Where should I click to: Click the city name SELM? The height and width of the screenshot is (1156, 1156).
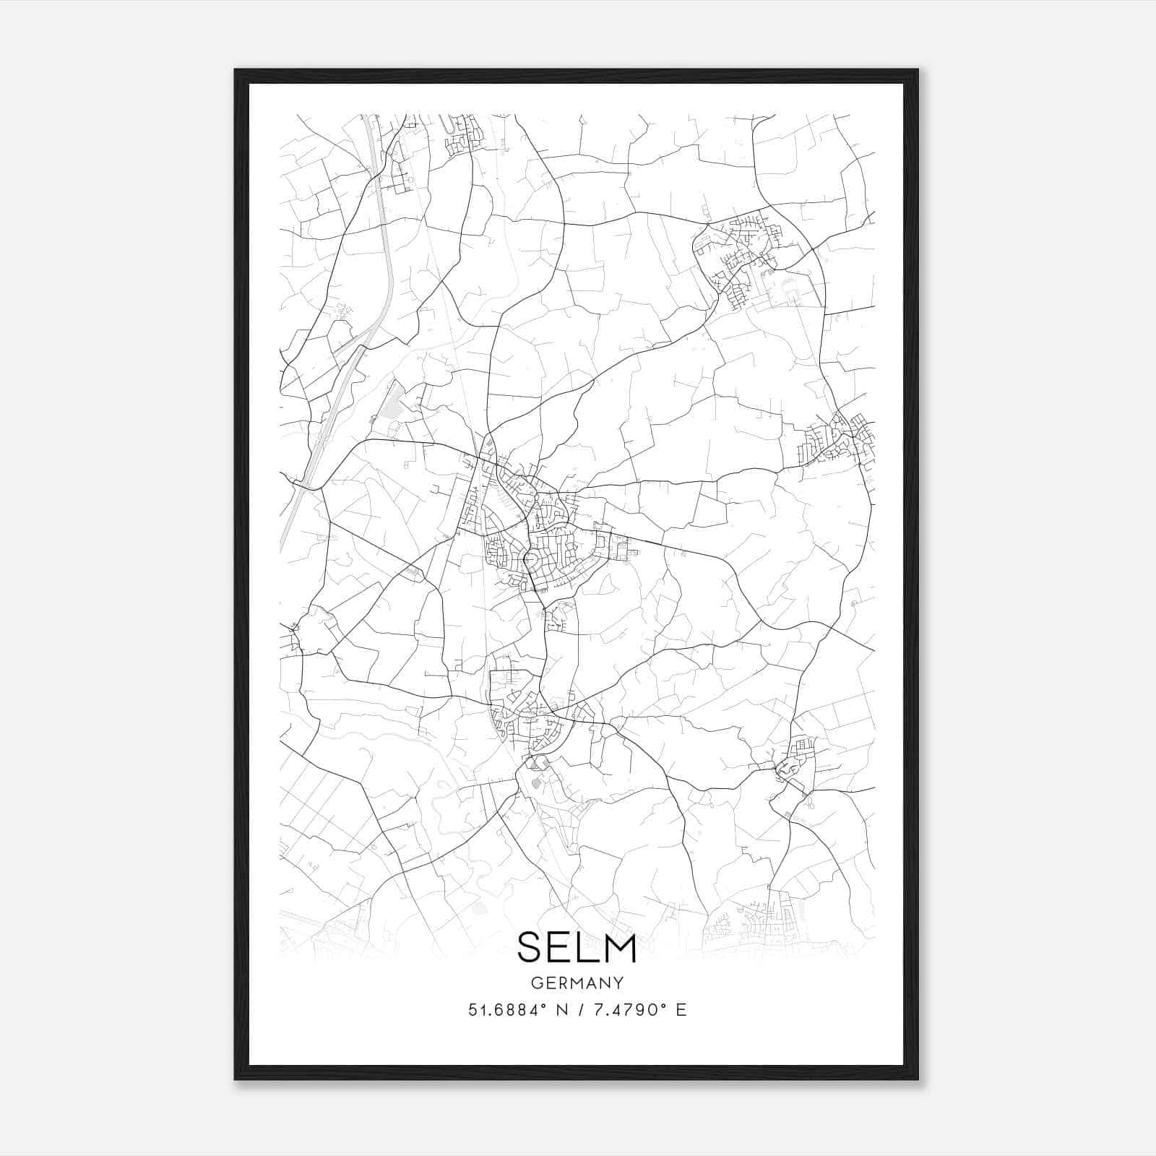pos(577,947)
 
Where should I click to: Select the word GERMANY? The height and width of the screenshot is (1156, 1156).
pos(577,983)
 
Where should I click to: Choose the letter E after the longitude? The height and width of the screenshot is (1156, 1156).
pos(681,1010)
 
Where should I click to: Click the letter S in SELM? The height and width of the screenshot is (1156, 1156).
pos(530,947)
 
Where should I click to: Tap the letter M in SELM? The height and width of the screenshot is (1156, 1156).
pos(621,947)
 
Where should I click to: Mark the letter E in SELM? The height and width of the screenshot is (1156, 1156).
pos(561,947)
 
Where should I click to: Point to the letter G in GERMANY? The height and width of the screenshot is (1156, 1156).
pos(535,983)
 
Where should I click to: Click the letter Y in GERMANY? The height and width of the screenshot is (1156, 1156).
pos(618,983)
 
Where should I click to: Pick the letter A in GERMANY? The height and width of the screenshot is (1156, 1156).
pos(590,983)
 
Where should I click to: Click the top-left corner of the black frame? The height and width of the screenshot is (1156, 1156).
pos(236,70)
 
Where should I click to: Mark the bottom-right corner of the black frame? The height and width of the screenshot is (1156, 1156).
pos(918,1079)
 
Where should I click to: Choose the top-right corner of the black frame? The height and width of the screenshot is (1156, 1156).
pos(918,70)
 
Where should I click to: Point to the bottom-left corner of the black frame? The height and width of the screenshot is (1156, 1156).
pos(236,1079)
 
